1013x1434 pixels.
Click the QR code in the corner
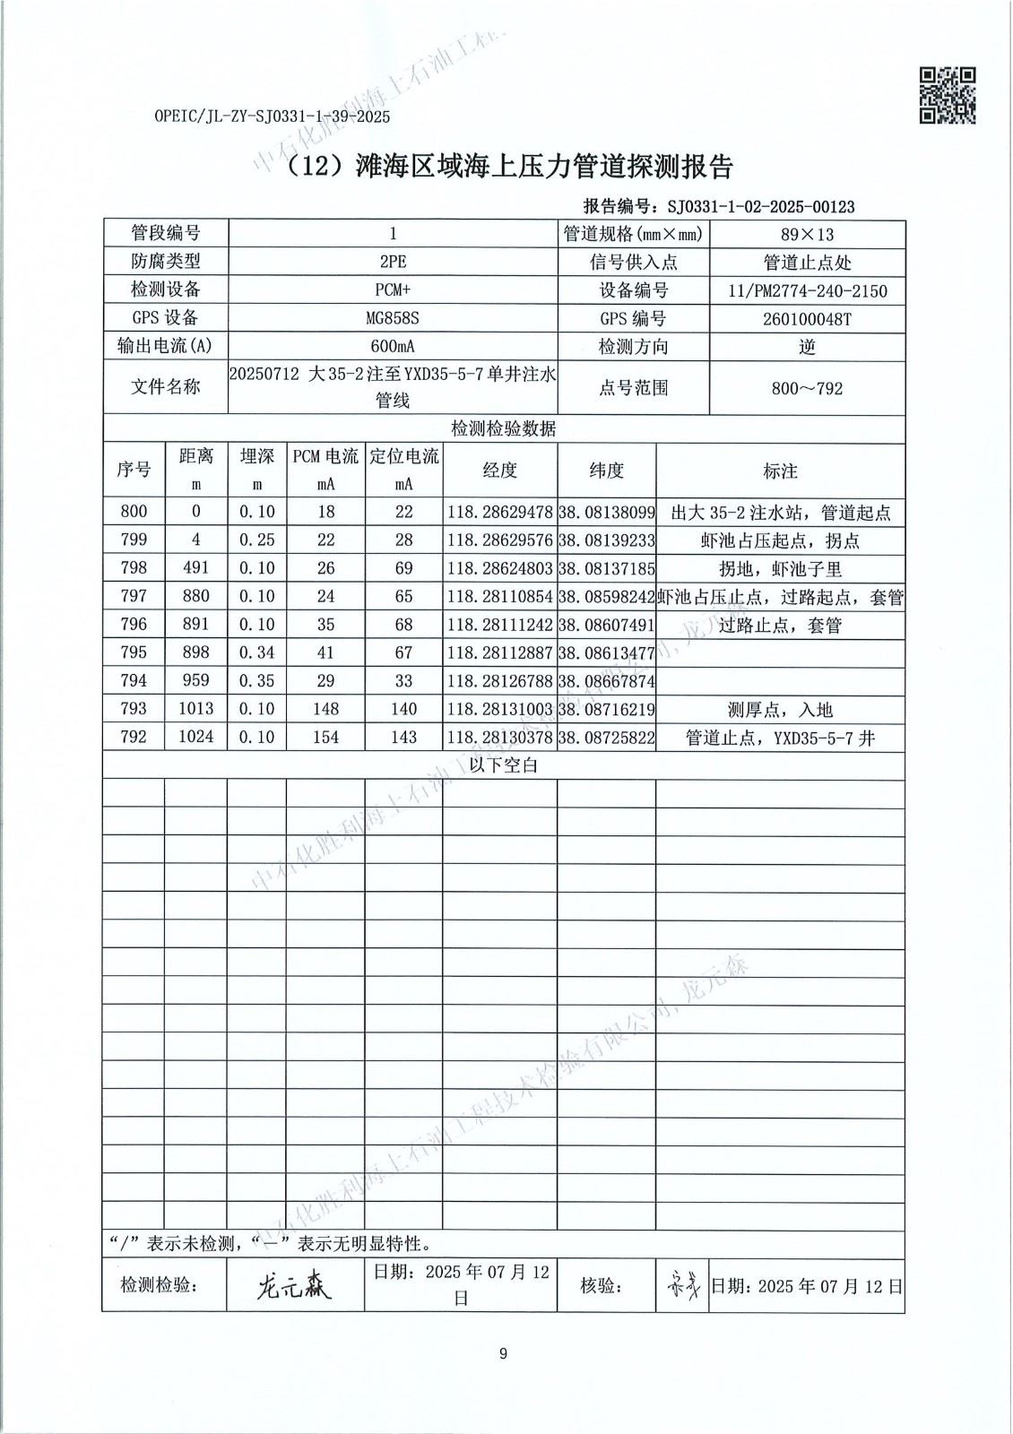point(948,95)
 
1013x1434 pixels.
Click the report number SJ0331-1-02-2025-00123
point(761,207)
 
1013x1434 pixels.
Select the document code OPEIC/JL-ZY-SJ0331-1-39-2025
point(272,117)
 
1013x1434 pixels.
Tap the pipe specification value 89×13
point(807,235)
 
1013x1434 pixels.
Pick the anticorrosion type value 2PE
point(393,263)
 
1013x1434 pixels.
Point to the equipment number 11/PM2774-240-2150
point(808,291)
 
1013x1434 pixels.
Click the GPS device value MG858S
point(393,319)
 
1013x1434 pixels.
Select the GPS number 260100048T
point(807,319)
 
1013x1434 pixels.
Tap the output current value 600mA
point(393,347)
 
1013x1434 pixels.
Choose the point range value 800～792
point(807,389)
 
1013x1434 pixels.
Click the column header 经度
point(500,471)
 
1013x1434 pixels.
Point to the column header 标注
point(780,471)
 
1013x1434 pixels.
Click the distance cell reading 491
point(195,568)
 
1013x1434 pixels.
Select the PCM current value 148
point(325,709)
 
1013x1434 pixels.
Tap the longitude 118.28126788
point(500,681)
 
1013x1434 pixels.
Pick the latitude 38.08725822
point(607,738)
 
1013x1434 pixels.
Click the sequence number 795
point(134,652)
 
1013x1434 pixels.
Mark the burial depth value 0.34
point(256,652)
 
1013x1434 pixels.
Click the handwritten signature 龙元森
point(293,1286)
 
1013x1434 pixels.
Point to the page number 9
point(503,1353)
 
